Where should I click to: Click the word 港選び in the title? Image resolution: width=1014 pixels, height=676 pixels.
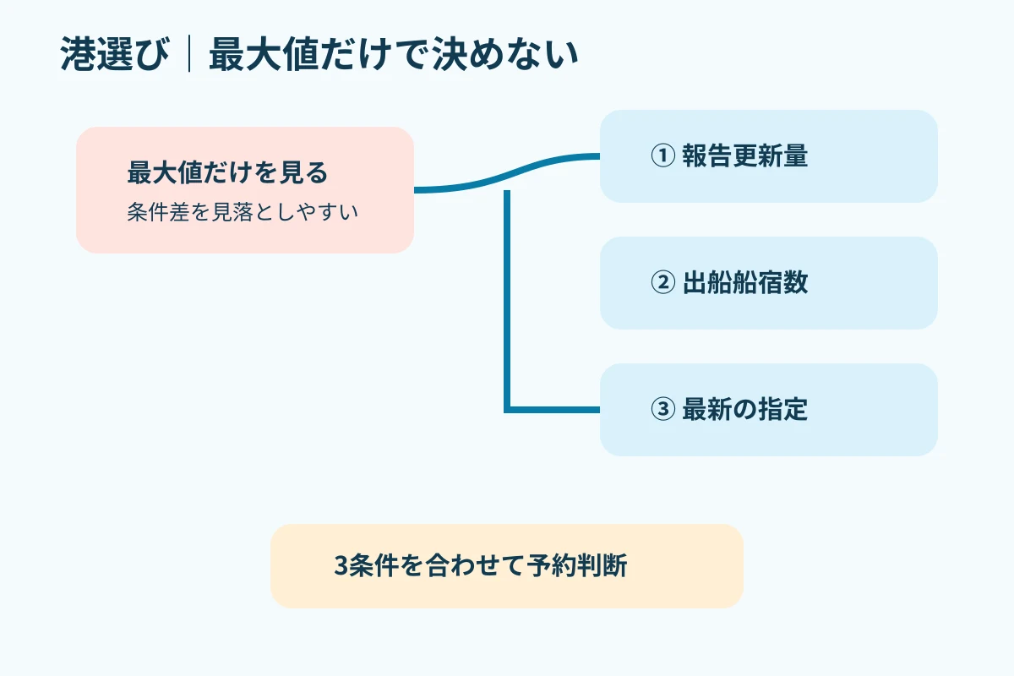point(115,54)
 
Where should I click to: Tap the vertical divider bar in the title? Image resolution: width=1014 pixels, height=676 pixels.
point(189,54)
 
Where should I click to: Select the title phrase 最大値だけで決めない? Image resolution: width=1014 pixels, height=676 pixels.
point(394,54)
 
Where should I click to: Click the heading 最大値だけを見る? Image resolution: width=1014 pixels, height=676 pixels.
point(227,172)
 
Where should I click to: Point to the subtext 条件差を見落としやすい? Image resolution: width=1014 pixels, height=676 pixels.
point(243,212)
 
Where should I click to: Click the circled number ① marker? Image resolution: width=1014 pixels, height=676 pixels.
point(662,155)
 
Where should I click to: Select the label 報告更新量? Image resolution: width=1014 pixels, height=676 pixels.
point(745,155)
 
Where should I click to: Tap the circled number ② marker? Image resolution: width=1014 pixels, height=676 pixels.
point(662,282)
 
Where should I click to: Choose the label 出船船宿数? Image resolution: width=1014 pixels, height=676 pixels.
point(745,282)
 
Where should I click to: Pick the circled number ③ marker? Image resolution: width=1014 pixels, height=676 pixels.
point(662,409)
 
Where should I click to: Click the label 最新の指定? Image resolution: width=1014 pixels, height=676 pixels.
point(745,409)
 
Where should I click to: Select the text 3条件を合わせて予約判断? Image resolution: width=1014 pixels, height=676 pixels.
point(481,565)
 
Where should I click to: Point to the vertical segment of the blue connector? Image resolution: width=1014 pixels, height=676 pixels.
point(507,301)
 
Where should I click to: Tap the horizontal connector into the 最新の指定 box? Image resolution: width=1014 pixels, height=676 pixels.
point(552,410)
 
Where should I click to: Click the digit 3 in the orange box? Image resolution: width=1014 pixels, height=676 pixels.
point(341,565)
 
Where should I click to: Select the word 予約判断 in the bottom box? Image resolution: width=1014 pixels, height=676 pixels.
point(576,565)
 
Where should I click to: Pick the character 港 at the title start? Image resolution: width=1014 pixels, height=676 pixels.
point(79,54)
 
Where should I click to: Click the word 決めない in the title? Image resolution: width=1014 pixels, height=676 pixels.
point(504,54)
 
